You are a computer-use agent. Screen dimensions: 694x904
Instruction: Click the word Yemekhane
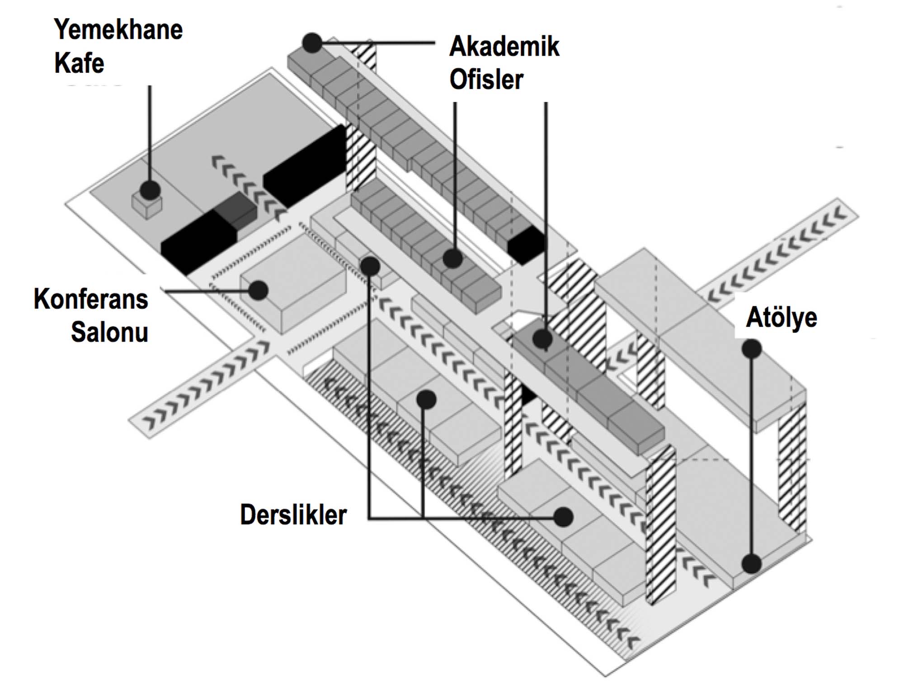click(118, 30)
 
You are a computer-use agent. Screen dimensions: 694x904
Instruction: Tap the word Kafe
click(79, 63)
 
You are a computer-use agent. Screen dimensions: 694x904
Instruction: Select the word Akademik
click(504, 47)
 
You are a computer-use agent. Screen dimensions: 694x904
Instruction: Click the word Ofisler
click(486, 80)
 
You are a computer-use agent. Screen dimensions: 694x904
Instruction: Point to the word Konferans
click(91, 299)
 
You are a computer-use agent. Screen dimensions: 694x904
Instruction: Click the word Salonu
click(109, 333)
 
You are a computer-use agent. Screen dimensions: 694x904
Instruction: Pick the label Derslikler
click(293, 515)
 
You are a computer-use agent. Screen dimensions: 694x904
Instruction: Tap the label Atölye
click(782, 317)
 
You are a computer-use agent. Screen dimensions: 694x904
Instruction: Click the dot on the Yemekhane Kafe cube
click(150, 190)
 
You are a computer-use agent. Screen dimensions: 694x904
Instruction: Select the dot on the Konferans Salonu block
click(259, 290)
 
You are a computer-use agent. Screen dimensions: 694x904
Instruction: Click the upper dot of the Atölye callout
click(752, 349)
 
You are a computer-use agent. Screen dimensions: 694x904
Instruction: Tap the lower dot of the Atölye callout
click(752, 564)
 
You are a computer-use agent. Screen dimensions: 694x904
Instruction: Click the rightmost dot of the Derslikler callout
click(564, 517)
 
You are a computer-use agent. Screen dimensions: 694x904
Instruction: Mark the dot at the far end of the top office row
click(312, 43)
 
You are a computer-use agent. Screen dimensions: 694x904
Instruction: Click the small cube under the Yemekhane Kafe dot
click(147, 207)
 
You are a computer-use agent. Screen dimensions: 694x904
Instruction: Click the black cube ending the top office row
click(526, 244)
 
